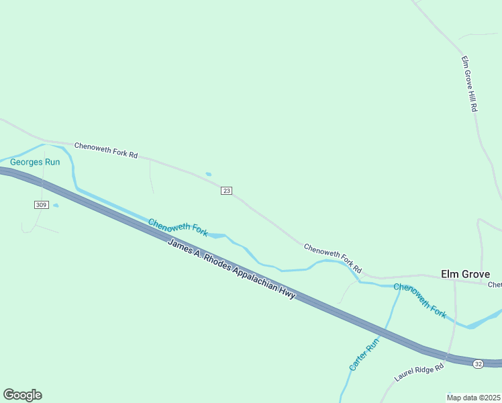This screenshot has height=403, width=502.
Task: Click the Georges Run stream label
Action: tap(35, 162)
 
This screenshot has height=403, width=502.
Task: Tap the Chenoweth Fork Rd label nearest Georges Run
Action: tap(106, 150)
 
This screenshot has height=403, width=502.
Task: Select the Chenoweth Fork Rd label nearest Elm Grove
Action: tap(333, 258)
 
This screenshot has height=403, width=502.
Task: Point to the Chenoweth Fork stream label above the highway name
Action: tap(178, 228)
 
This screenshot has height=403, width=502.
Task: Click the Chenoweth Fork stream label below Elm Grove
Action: tap(420, 300)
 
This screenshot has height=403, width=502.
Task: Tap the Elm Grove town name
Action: tap(465, 274)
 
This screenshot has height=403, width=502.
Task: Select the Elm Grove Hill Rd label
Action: tap(469, 83)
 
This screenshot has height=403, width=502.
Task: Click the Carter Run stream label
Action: tap(364, 355)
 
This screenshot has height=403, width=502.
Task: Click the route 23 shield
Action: tap(226, 191)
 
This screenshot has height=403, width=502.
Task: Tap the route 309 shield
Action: tap(41, 204)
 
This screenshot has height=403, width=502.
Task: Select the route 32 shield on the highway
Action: tap(478, 363)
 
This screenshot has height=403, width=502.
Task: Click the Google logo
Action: tap(22, 395)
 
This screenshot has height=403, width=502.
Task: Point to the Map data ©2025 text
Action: tap(474, 398)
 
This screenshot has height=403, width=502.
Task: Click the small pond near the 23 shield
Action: tap(209, 175)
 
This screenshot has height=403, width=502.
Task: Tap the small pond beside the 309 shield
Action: tap(56, 206)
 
